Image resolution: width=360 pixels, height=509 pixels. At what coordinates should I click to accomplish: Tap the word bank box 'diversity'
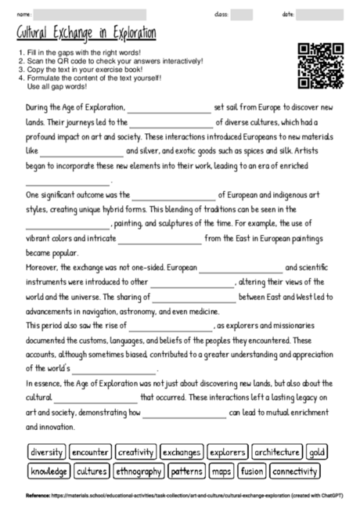point(46,453)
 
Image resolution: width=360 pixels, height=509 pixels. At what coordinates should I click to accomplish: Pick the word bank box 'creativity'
point(135,453)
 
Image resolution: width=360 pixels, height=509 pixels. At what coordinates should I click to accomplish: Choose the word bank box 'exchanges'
point(181,453)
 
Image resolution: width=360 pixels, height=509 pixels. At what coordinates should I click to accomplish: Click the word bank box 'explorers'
point(227,453)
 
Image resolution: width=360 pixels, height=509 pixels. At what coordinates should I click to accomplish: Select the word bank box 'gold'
point(318,453)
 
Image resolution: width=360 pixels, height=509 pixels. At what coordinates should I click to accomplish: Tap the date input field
point(320,14)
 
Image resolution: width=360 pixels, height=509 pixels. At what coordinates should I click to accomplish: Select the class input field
point(242,14)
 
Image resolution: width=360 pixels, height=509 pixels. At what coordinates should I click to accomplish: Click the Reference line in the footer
point(180,496)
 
